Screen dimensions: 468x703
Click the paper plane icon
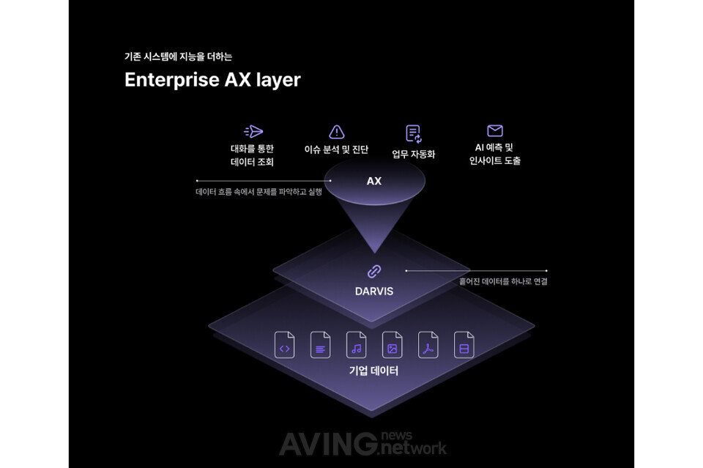pyautogui.click(x=253, y=132)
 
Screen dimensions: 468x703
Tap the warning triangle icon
pyautogui.click(x=337, y=132)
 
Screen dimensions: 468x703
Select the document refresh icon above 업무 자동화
pyautogui.click(x=414, y=133)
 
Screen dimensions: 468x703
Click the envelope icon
pyautogui.click(x=495, y=131)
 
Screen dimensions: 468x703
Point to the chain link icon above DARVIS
pyautogui.click(x=374, y=271)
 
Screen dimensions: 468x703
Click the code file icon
pyautogui.click(x=285, y=345)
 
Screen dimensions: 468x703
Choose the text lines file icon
pyautogui.click(x=321, y=345)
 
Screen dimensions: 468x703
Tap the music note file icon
pyautogui.click(x=357, y=345)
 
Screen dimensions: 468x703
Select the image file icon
pyautogui.click(x=393, y=345)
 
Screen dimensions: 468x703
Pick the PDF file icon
pyautogui.click(x=428, y=345)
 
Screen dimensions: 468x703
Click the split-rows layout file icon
pyautogui.click(x=464, y=345)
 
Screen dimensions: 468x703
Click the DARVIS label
pyautogui.click(x=374, y=291)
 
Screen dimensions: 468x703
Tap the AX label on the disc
pyautogui.click(x=374, y=181)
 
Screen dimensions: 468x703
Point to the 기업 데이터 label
pyautogui.click(x=373, y=371)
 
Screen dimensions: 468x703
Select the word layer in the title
pyautogui.click(x=278, y=80)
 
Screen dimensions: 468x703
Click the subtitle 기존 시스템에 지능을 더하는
pyautogui.click(x=178, y=56)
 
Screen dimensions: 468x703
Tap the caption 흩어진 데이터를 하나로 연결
pyautogui.click(x=503, y=281)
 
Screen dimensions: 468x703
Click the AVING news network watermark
pyautogui.click(x=362, y=443)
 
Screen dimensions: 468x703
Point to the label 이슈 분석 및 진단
pyautogui.click(x=336, y=149)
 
